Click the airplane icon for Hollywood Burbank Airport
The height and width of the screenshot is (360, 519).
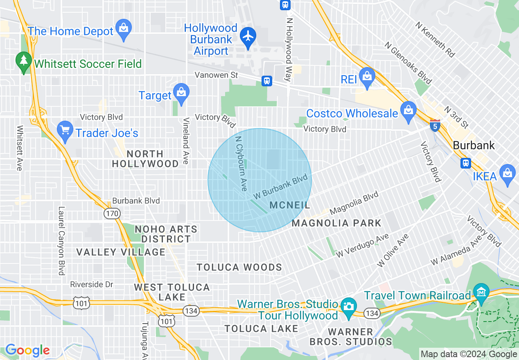coord(248,36)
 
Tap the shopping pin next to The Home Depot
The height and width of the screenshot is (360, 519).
coord(123,28)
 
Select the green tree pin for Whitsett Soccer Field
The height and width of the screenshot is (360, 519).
coord(24,61)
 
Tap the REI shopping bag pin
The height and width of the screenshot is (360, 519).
coord(367,76)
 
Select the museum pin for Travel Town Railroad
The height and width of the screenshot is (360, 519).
coord(481,292)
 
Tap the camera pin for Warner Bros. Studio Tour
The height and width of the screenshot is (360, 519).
coord(348,307)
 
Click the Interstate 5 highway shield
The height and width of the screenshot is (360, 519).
coord(435,126)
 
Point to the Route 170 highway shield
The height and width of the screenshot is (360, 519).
coord(111,214)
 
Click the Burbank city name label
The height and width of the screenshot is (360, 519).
coord(474,146)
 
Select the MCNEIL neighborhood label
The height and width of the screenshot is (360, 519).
coord(290,205)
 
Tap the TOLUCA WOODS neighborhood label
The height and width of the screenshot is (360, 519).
coord(239,268)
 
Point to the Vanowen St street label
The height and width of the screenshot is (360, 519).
coord(216,75)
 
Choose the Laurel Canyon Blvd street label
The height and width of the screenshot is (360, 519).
coord(61,241)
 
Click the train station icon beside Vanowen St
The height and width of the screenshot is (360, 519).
coord(267,81)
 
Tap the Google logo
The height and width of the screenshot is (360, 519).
coord(27,351)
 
